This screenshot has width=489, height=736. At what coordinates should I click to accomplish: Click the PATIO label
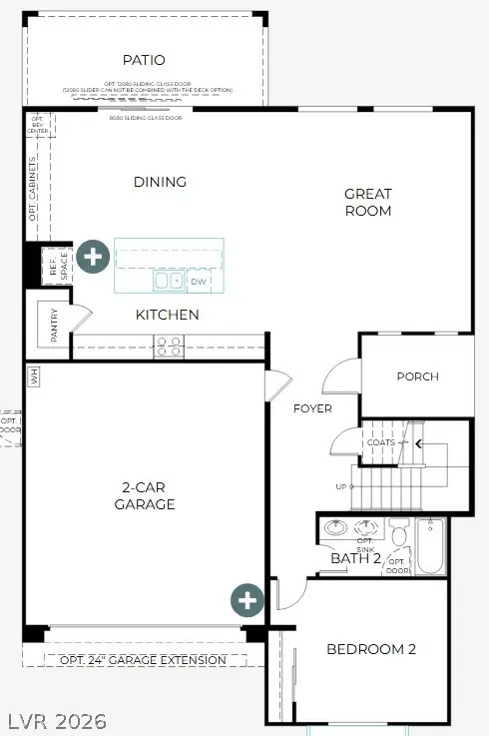pos(144,60)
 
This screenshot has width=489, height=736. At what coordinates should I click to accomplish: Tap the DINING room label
pos(160,182)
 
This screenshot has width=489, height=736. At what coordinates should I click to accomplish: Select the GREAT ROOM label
pos(368,202)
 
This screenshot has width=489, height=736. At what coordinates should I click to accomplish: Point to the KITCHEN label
pos(168,315)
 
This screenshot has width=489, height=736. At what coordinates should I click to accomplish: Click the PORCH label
pos(417,376)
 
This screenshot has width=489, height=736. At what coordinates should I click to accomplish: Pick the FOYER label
pos(312,408)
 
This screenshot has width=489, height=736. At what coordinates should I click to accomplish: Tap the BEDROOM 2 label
pos(371,649)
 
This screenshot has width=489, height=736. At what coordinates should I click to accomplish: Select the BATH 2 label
pos(356,558)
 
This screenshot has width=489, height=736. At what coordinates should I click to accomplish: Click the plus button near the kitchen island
pos(93,257)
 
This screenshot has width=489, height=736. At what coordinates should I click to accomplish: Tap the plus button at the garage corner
pos(247,600)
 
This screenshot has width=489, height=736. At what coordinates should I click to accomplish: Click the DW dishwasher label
pos(198,282)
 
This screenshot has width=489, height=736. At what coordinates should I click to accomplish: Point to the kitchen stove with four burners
pos(169,347)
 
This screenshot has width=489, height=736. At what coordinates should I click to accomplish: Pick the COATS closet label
pos(381,442)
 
